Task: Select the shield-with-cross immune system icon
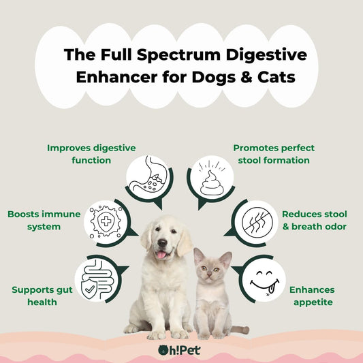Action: point(106,222)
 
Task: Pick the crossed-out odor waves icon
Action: point(257,222)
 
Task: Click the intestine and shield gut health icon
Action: point(97,280)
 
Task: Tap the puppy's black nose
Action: point(162,242)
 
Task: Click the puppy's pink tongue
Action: point(161,255)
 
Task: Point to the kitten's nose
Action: point(209,274)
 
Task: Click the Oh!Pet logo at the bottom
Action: point(179,350)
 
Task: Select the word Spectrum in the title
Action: point(178,56)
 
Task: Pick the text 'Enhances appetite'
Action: point(313,296)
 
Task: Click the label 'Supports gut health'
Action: point(42,296)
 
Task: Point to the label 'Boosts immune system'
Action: point(44,220)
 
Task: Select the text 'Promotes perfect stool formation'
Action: point(274,154)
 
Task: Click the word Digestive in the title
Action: point(266,56)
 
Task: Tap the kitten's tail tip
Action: point(247,330)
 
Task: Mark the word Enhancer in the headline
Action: point(116,77)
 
